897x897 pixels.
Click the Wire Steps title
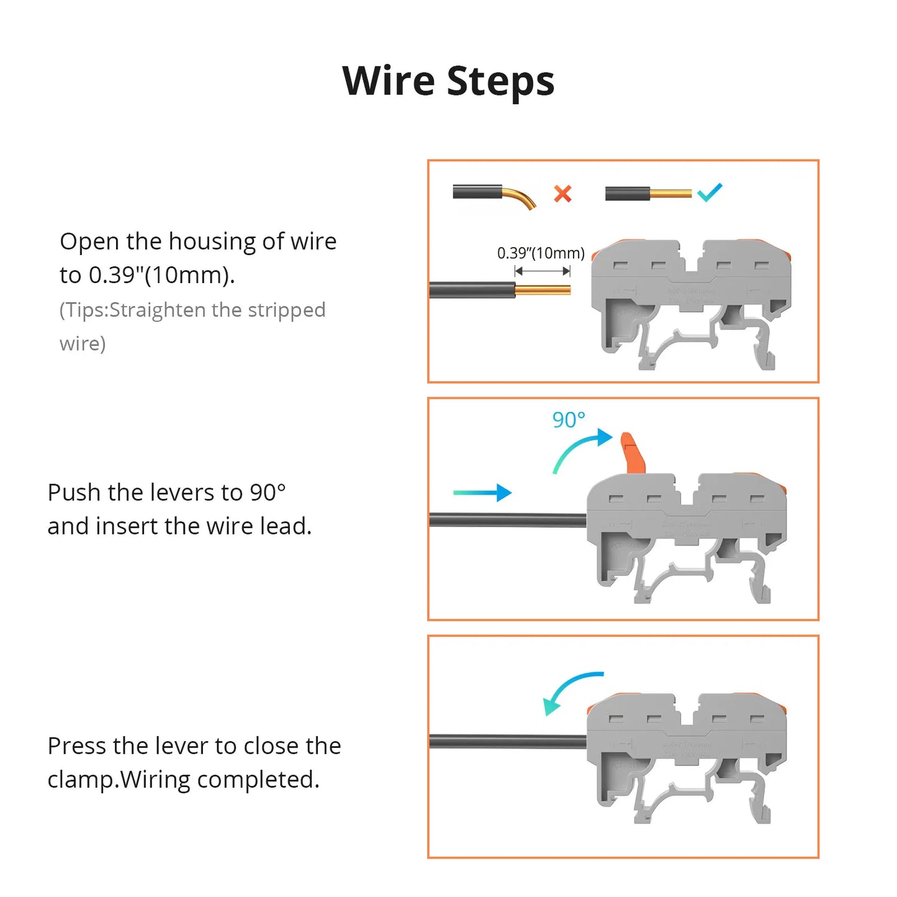[x=448, y=81]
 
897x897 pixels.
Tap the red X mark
[x=562, y=194]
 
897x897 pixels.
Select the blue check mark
[x=710, y=192]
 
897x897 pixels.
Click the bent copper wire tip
[x=525, y=201]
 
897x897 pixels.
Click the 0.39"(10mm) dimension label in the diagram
[x=541, y=253]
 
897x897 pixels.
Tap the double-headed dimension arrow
[x=543, y=271]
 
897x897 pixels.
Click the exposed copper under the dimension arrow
[x=543, y=290]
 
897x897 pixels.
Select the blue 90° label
[x=569, y=420]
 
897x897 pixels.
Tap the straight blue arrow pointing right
[x=482, y=493]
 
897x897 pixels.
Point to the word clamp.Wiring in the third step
[x=119, y=780]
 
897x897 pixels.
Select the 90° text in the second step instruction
[x=268, y=492]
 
